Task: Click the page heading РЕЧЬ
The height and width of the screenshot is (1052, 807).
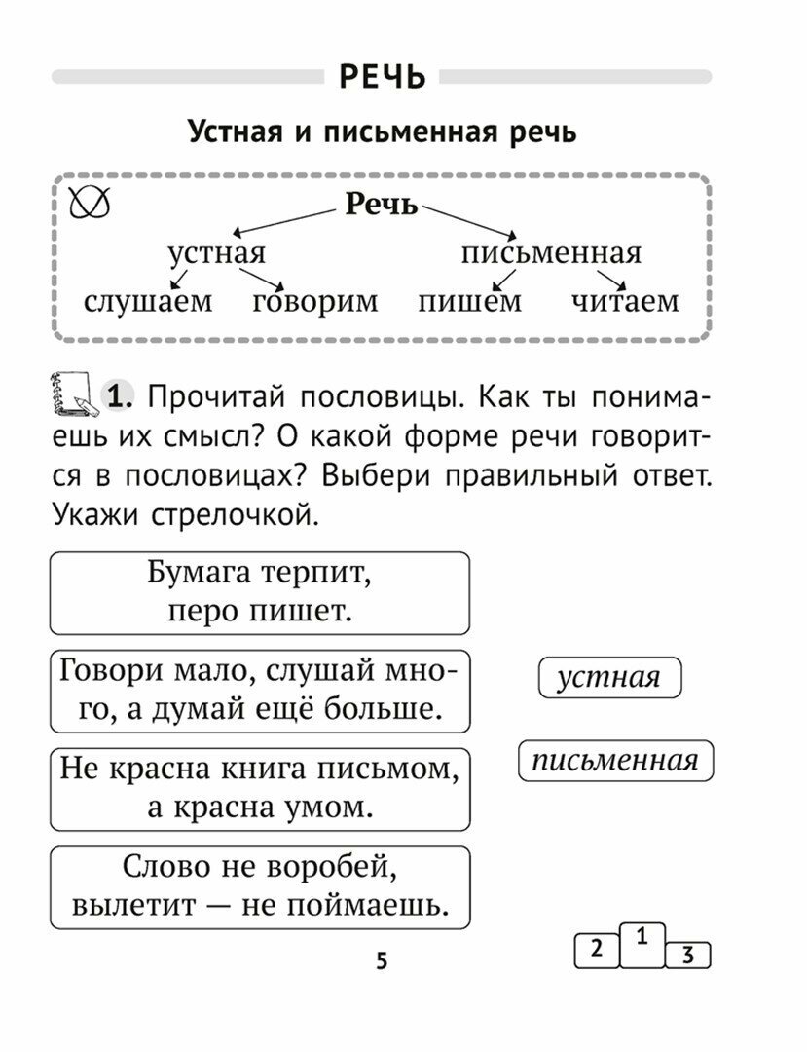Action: pos(382,77)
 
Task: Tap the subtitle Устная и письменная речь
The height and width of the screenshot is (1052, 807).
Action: pos(382,131)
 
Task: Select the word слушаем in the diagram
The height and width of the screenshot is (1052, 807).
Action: pos(147,301)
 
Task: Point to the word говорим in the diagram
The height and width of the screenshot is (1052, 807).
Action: pos(314,301)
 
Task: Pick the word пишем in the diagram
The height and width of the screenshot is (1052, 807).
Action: pos(469,301)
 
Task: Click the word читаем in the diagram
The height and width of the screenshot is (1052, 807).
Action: pos(624,301)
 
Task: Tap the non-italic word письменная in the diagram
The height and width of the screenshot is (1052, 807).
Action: pos(551,254)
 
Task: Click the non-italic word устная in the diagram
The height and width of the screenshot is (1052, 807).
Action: pos(216,254)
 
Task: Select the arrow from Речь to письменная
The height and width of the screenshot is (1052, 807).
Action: pos(468,221)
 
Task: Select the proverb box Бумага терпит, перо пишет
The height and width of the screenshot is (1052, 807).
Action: pos(259,592)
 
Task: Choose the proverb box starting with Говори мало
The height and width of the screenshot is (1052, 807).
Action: pos(259,691)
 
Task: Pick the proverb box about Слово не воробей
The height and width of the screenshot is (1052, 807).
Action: pos(259,886)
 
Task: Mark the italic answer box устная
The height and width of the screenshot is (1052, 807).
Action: pos(609,678)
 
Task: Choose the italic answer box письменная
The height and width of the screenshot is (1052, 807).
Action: pos(615,760)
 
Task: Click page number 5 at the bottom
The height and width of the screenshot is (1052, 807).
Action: pos(382,961)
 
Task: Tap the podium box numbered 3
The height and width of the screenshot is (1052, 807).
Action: pos(688,956)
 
